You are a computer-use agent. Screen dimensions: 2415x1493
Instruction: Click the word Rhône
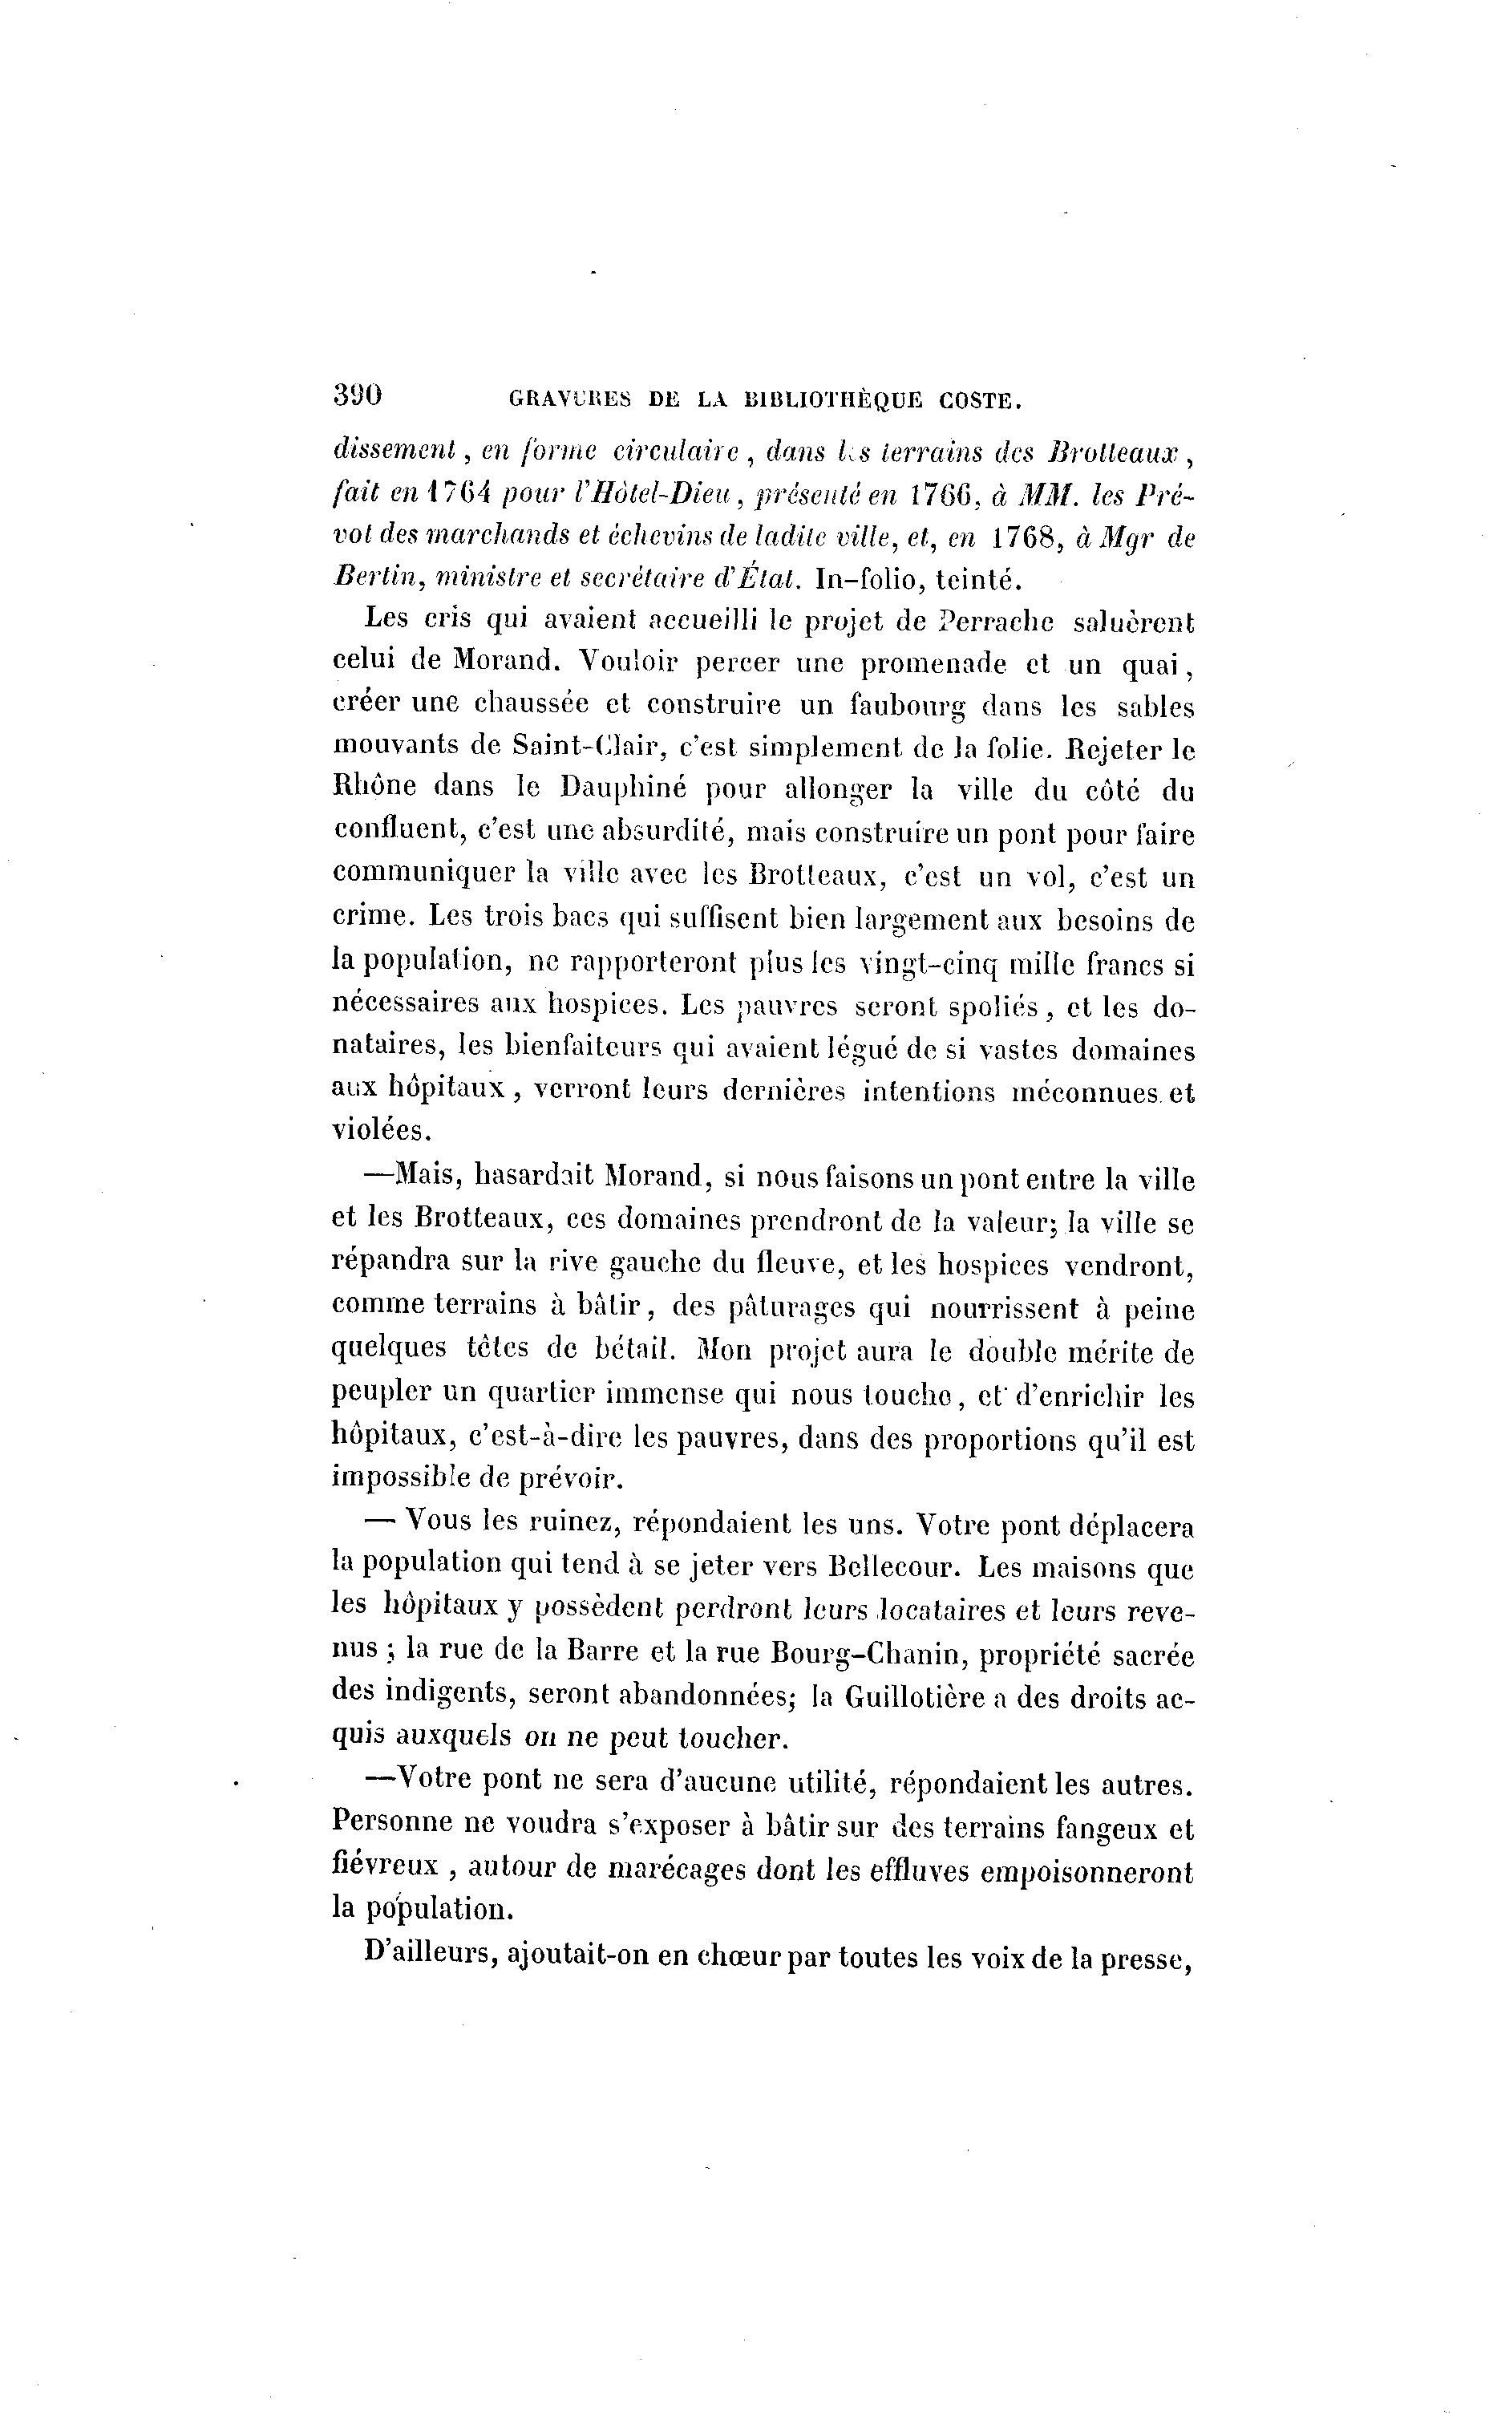(385, 790)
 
